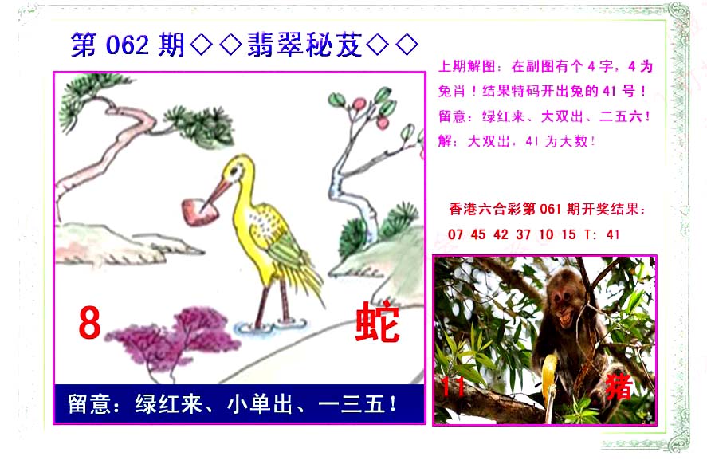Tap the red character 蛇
pyautogui.click(x=378, y=322)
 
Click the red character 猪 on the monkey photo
pyautogui.click(x=619, y=386)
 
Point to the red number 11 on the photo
pyautogui.click(x=453, y=387)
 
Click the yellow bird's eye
pyautogui.click(x=235, y=171)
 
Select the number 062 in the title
pyautogui.click(x=128, y=45)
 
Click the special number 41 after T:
pyautogui.click(x=613, y=234)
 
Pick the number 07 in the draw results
pyautogui.click(x=455, y=234)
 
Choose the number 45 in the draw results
pyautogui.click(x=478, y=234)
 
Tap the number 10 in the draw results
pyautogui.click(x=546, y=234)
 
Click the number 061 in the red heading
pyautogui.click(x=550, y=209)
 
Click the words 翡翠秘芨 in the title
pyautogui.click(x=304, y=45)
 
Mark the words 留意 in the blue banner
pyautogui.click(x=89, y=404)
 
